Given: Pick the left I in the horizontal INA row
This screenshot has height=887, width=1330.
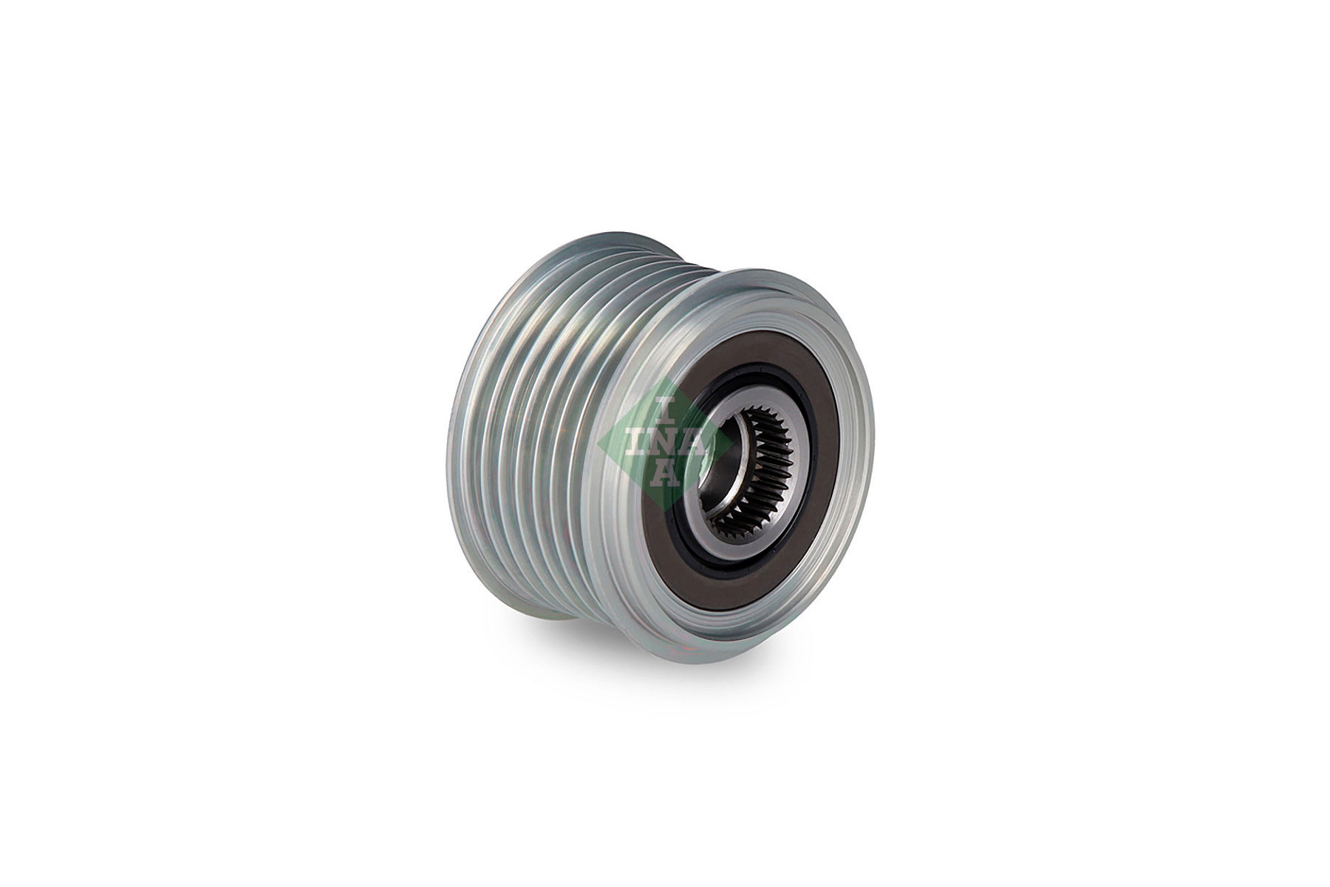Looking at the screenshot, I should [634, 441].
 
